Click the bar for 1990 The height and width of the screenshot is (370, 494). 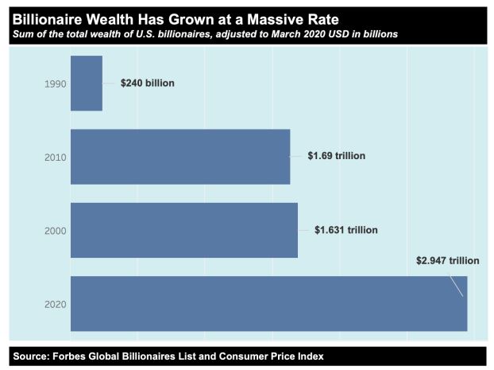pyautogui.click(x=87, y=84)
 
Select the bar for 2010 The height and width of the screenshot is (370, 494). pyautogui.click(x=180, y=157)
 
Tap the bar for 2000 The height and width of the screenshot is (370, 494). pyautogui.click(x=184, y=230)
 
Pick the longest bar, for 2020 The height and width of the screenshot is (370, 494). pyautogui.click(x=268, y=303)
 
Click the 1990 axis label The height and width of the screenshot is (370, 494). pyautogui.click(x=55, y=84)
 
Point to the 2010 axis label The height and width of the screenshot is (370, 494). pyautogui.click(x=55, y=158)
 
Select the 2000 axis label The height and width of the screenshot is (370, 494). pyautogui.click(x=55, y=231)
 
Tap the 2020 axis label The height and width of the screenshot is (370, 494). pyautogui.click(x=55, y=304)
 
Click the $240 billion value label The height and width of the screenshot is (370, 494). pyautogui.click(x=147, y=83)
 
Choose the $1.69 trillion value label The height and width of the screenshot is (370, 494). pyautogui.click(x=336, y=156)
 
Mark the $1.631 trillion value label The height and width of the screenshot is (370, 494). pyautogui.click(x=345, y=230)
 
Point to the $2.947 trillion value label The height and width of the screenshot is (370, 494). pyautogui.click(x=448, y=260)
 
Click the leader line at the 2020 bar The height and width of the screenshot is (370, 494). pyautogui.click(x=456, y=285)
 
